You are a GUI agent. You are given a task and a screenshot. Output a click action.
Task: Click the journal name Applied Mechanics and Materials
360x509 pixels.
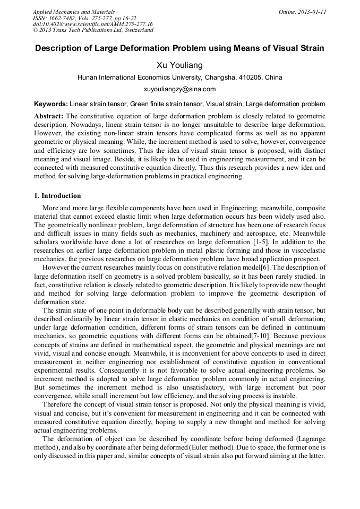click(x=74, y=11)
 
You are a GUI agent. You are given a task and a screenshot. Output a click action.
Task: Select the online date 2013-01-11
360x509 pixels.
click(x=313, y=11)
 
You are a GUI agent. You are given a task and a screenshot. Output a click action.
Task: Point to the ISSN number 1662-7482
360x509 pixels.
click(x=64, y=18)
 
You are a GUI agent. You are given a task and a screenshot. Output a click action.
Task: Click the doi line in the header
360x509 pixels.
click(x=93, y=24)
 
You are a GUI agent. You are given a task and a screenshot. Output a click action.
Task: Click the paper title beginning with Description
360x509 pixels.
click(x=179, y=48)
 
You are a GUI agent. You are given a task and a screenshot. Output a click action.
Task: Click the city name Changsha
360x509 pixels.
click(x=204, y=77)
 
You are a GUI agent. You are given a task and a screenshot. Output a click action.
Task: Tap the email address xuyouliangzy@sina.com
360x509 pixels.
click(x=179, y=89)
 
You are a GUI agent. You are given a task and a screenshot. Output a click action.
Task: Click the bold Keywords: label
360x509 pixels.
click(x=51, y=104)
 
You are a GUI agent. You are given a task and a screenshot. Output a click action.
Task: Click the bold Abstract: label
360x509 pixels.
click(x=49, y=116)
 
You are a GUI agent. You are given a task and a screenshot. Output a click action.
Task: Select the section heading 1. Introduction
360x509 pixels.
click(x=57, y=196)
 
